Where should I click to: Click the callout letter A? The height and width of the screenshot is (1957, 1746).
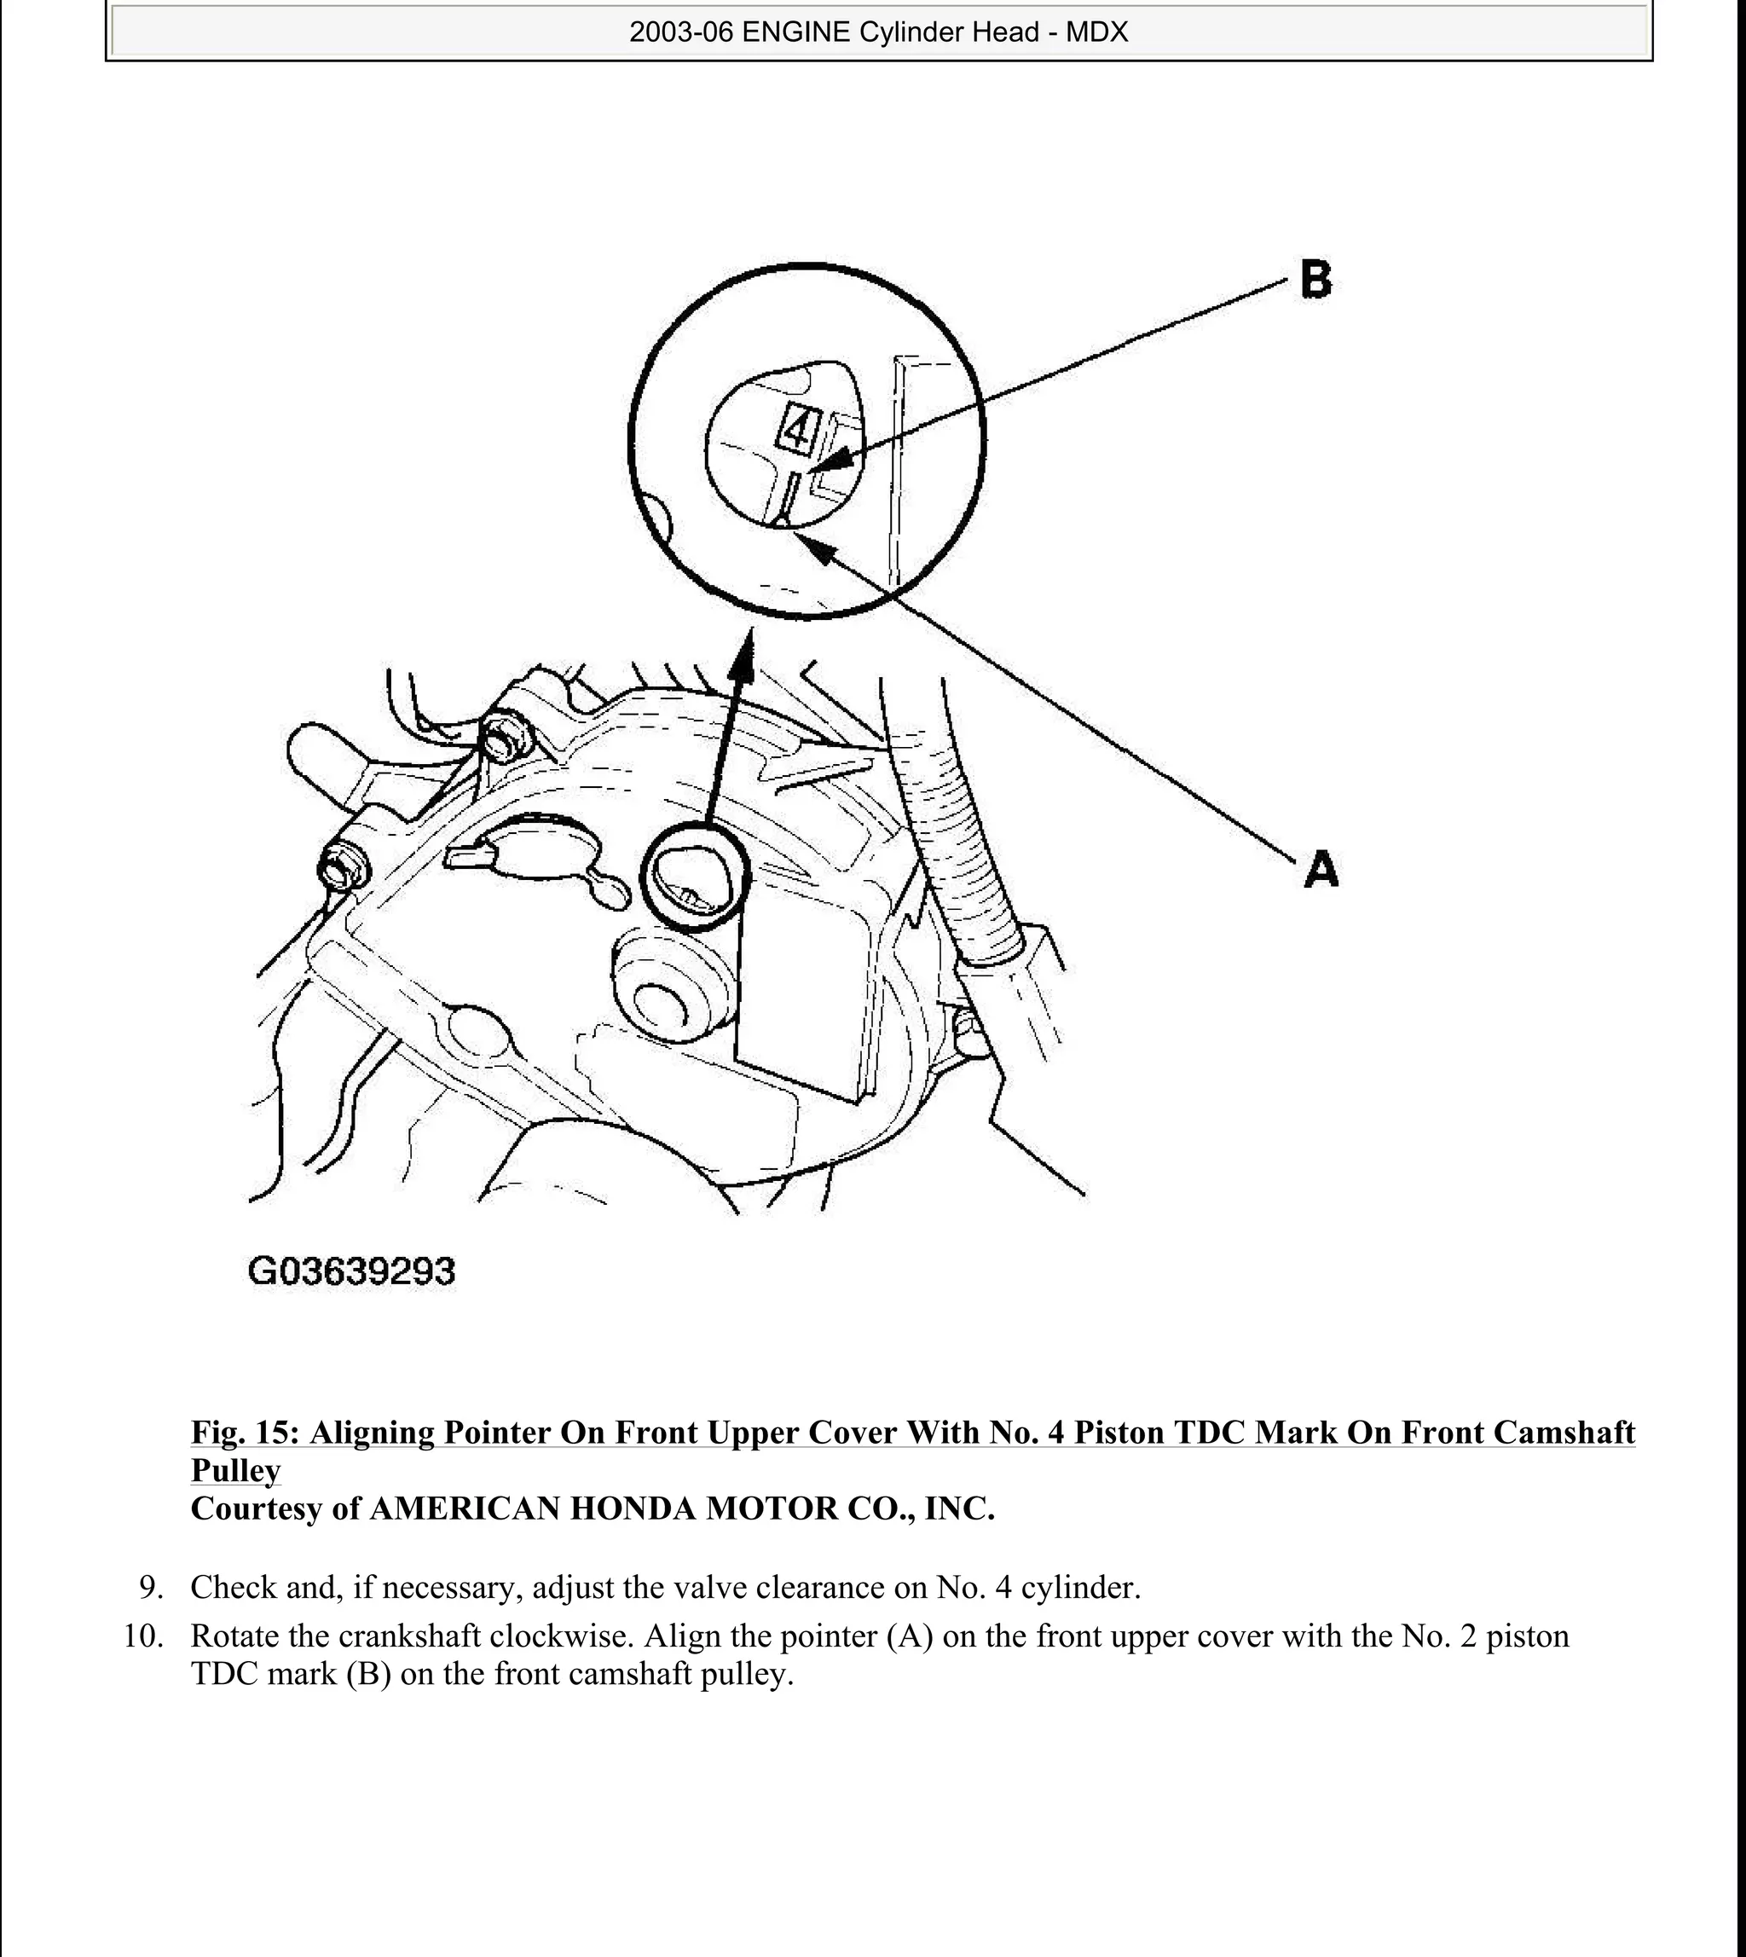coord(1321,870)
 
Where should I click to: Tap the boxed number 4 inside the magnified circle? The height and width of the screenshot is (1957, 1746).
coord(798,429)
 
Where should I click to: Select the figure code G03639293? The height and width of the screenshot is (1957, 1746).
coord(351,1272)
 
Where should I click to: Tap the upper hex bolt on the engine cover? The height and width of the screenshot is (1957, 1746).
coord(504,738)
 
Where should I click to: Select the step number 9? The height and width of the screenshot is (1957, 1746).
coord(151,1588)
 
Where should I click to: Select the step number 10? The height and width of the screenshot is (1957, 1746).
coord(144,1636)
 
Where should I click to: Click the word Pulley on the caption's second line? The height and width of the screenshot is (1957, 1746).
coord(236,1471)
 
